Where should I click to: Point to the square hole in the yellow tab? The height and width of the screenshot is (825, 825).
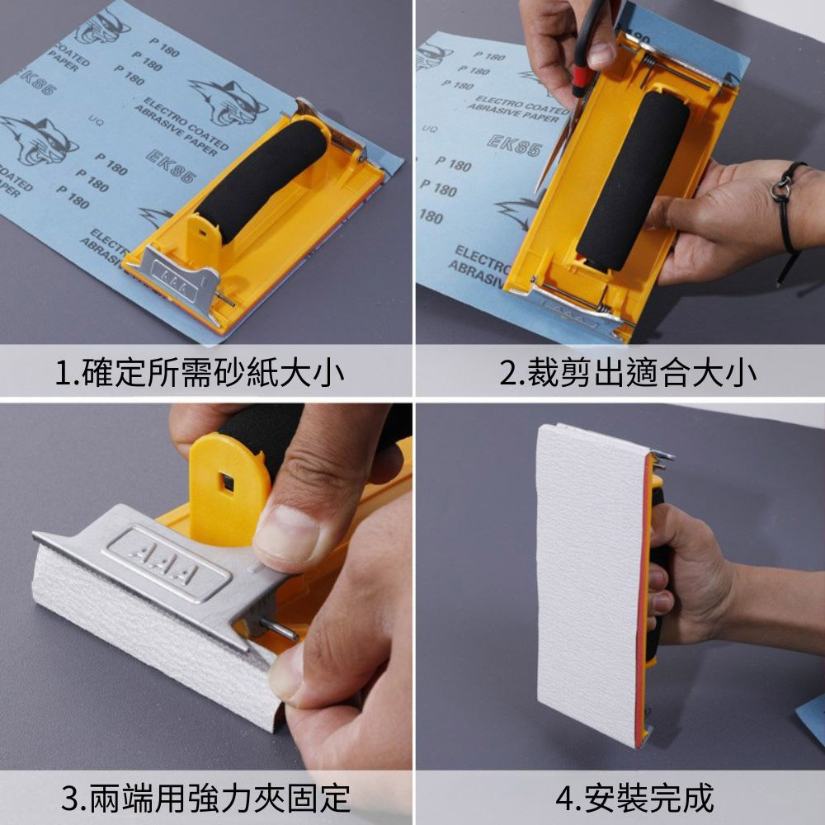(224, 479)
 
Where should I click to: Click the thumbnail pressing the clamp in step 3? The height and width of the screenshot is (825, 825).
(284, 536)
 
